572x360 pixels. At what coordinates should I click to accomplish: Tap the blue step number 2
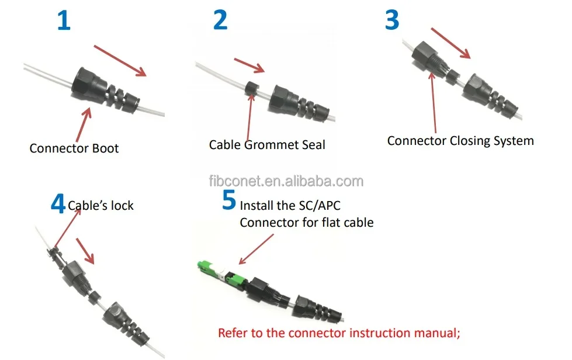coord(220,20)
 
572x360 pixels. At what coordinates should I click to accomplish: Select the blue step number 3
coord(391,20)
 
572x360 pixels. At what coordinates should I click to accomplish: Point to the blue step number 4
coord(58,205)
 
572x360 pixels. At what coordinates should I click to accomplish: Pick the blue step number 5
coord(229,200)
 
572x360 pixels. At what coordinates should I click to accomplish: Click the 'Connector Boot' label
coord(74,148)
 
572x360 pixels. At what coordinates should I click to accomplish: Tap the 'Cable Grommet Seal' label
coord(267,144)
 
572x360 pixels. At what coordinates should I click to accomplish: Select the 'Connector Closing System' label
coord(460,141)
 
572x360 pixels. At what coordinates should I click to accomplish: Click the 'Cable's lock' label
coord(101,205)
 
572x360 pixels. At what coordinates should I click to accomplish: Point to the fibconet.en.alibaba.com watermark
coord(286,181)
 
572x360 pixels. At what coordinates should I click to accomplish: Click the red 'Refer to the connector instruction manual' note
coord(339,333)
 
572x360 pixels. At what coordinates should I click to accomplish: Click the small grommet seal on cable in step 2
coord(251,90)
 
